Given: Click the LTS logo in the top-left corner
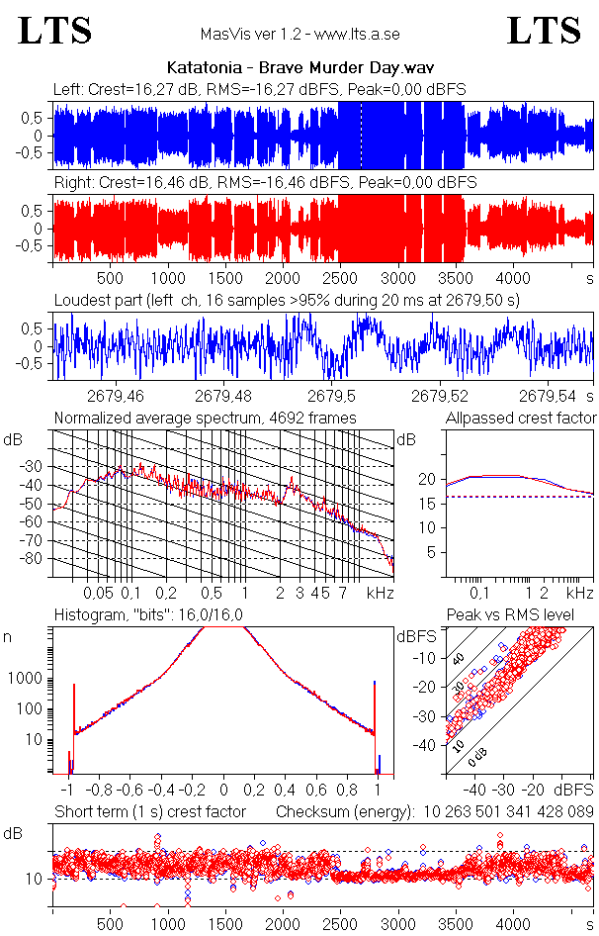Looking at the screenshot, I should coord(55,31).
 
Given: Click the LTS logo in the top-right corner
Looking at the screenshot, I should coord(543,31).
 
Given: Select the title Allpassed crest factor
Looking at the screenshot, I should coord(520,418).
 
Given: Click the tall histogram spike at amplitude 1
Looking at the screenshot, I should coord(376,722).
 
